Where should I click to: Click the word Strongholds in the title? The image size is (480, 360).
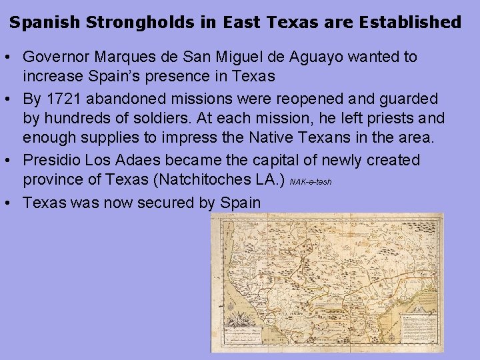coord(139,22)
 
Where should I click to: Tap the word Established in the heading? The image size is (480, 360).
coord(410,22)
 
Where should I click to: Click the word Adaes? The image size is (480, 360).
coord(141,161)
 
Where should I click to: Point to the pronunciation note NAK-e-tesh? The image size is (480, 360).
coord(311,182)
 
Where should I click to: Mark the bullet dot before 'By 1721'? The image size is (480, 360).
coord(13,99)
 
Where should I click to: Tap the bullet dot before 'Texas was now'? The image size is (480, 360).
coord(13,203)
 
